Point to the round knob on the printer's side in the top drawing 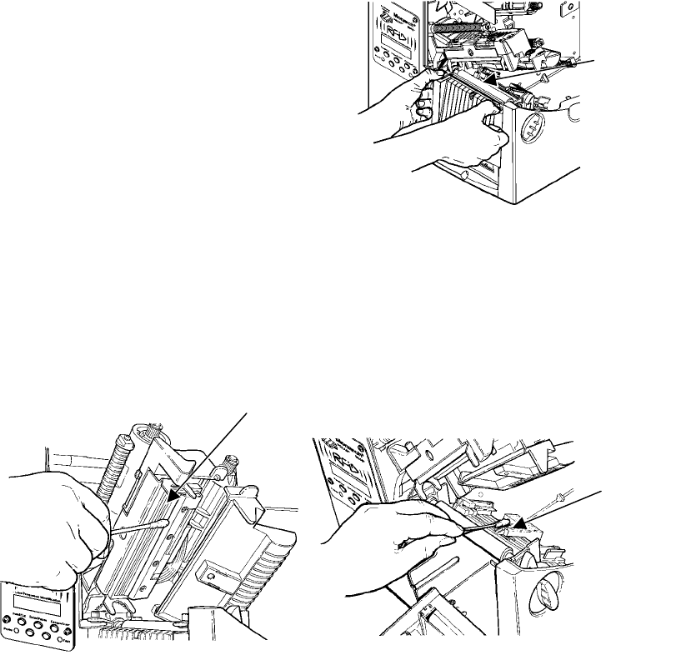(531, 130)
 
